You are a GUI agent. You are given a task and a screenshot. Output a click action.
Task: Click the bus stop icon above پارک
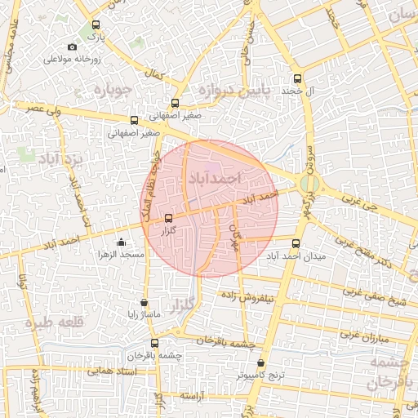tap(96, 25)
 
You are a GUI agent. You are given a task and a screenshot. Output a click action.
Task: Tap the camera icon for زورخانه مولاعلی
tap(73, 47)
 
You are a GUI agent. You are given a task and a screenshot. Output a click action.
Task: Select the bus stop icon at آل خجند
tap(296, 79)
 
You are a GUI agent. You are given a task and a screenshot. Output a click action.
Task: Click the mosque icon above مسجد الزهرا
tap(122, 242)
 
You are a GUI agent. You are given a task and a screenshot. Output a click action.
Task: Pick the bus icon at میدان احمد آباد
tap(295, 242)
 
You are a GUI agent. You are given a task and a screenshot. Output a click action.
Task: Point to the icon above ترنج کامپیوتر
tap(260, 363)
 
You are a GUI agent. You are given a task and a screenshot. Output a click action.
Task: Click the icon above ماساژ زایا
tap(145, 301)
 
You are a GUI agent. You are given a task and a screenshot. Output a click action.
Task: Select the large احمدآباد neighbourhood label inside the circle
tap(215, 176)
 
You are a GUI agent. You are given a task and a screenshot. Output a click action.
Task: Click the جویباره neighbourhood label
tap(114, 88)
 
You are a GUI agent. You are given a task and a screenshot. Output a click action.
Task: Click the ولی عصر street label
tap(33, 108)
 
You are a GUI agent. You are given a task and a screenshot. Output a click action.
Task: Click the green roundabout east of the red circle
tap(309, 185)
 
